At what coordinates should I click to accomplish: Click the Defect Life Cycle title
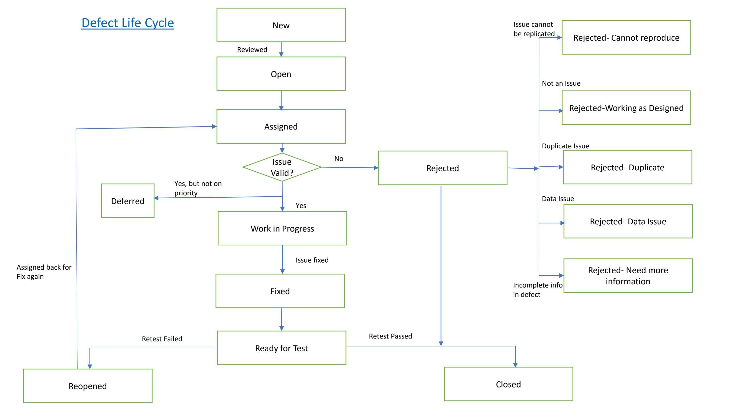point(128,23)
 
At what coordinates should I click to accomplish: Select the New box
point(281,25)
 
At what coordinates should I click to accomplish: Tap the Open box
point(281,74)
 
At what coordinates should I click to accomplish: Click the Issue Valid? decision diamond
point(282,167)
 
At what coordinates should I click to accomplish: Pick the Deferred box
point(128,201)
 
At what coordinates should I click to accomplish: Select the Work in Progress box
point(282,229)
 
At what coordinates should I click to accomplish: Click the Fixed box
point(280,291)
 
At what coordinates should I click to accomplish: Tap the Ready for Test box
point(281,348)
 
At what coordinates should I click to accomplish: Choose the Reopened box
point(88,386)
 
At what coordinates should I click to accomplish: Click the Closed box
point(508,384)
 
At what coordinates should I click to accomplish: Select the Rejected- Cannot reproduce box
point(626,37)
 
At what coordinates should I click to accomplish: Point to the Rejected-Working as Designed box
point(626,108)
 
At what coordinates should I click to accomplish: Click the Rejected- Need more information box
point(628,276)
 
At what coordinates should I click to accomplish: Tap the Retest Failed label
point(162,339)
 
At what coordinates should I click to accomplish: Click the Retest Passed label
point(390,336)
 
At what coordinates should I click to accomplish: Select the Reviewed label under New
point(252,50)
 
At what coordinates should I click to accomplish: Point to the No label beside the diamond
point(339,159)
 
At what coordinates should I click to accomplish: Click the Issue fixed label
point(312,260)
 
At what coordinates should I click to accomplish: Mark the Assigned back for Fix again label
point(44,272)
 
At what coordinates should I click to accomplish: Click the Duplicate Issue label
point(565,146)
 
